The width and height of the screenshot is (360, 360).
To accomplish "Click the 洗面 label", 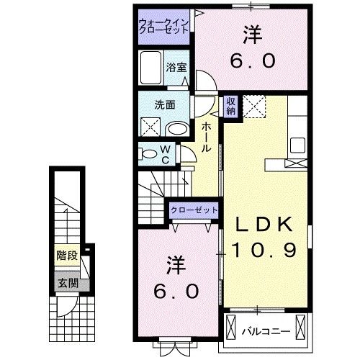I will click(x=165, y=105).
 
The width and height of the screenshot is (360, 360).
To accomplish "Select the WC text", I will click(x=165, y=153).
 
